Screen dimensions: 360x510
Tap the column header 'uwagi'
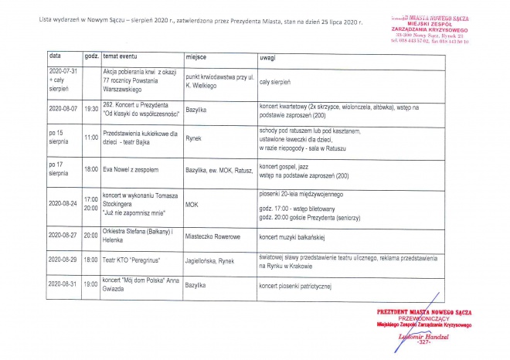[x=269, y=57]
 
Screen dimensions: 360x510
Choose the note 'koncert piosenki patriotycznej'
[x=295, y=286]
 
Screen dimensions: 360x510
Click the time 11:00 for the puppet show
[x=91, y=137]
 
